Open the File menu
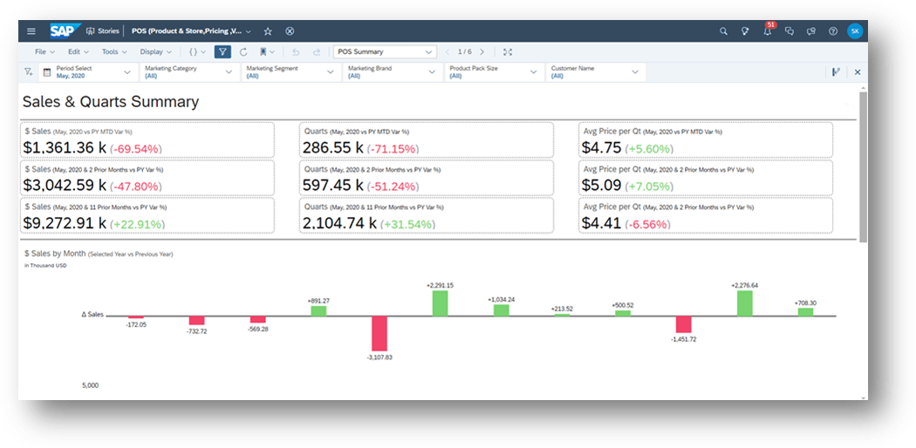40,52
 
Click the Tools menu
110,52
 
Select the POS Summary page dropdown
384,52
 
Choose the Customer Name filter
593,72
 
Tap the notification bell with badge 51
768,31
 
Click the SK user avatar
854,31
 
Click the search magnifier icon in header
723,31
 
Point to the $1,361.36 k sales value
64,148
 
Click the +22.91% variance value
139,224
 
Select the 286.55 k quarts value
332,148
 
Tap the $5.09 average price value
601,186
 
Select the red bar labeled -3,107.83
379,333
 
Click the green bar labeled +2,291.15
441,303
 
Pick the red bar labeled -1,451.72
684,324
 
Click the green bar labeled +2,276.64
744,303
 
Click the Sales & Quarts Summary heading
111,102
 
